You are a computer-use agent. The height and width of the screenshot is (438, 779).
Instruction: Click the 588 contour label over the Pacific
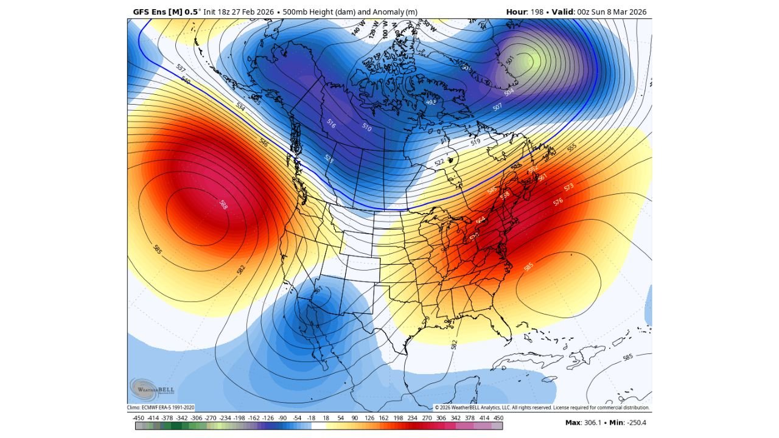pyautogui.click(x=223, y=204)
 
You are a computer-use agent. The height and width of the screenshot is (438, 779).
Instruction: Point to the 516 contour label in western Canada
pyautogui.click(x=331, y=124)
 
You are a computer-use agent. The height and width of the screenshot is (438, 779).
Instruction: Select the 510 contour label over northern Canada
pyautogui.click(x=366, y=127)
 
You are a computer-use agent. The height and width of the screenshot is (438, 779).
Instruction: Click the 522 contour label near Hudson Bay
pyautogui.click(x=439, y=162)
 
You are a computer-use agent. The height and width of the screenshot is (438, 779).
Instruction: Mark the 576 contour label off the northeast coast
pyautogui.click(x=557, y=201)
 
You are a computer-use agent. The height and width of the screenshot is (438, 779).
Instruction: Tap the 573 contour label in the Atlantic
pyautogui.click(x=568, y=187)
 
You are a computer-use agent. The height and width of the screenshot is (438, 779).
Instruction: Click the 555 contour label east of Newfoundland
pyautogui.click(x=571, y=148)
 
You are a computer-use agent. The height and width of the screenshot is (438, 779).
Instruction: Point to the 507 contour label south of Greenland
pyautogui.click(x=497, y=107)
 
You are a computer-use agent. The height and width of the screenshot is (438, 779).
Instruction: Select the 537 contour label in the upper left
pyautogui.click(x=181, y=68)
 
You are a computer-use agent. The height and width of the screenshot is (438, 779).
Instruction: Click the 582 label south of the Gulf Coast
pyautogui.click(x=454, y=344)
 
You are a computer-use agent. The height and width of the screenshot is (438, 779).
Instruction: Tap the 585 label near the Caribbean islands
pyautogui.click(x=628, y=356)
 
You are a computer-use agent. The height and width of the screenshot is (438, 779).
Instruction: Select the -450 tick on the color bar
pyautogui.click(x=138, y=418)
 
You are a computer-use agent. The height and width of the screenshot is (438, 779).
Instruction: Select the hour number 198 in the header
pyautogui.click(x=537, y=12)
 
